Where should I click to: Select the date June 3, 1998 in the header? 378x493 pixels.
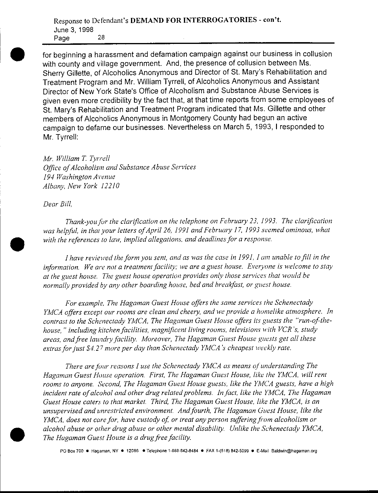73,30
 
